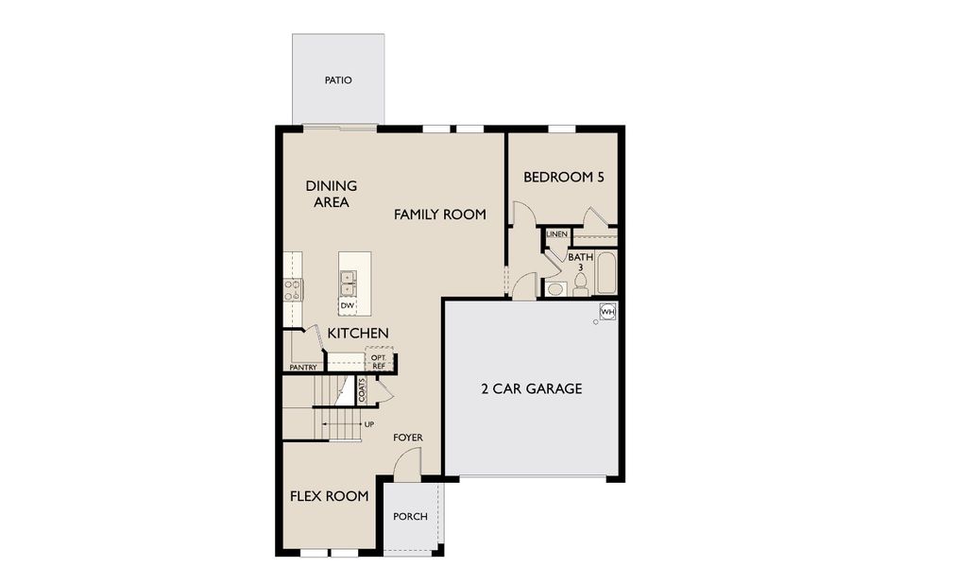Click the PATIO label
point(338,80)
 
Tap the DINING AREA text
point(331,194)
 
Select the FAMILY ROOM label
point(439,215)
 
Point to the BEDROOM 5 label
point(563,177)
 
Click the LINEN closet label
point(556,234)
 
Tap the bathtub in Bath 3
point(605,272)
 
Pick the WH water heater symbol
point(607,311)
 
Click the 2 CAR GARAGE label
point(531,388)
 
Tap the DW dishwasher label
point(347,305)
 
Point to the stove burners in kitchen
point(293,289)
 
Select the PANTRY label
point(302,368)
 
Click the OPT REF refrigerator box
point(379,361)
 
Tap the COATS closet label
point(362,390)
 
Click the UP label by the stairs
point(368,424)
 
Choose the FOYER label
point(408,438)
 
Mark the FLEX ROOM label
point(329,495)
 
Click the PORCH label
point(411,517)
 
